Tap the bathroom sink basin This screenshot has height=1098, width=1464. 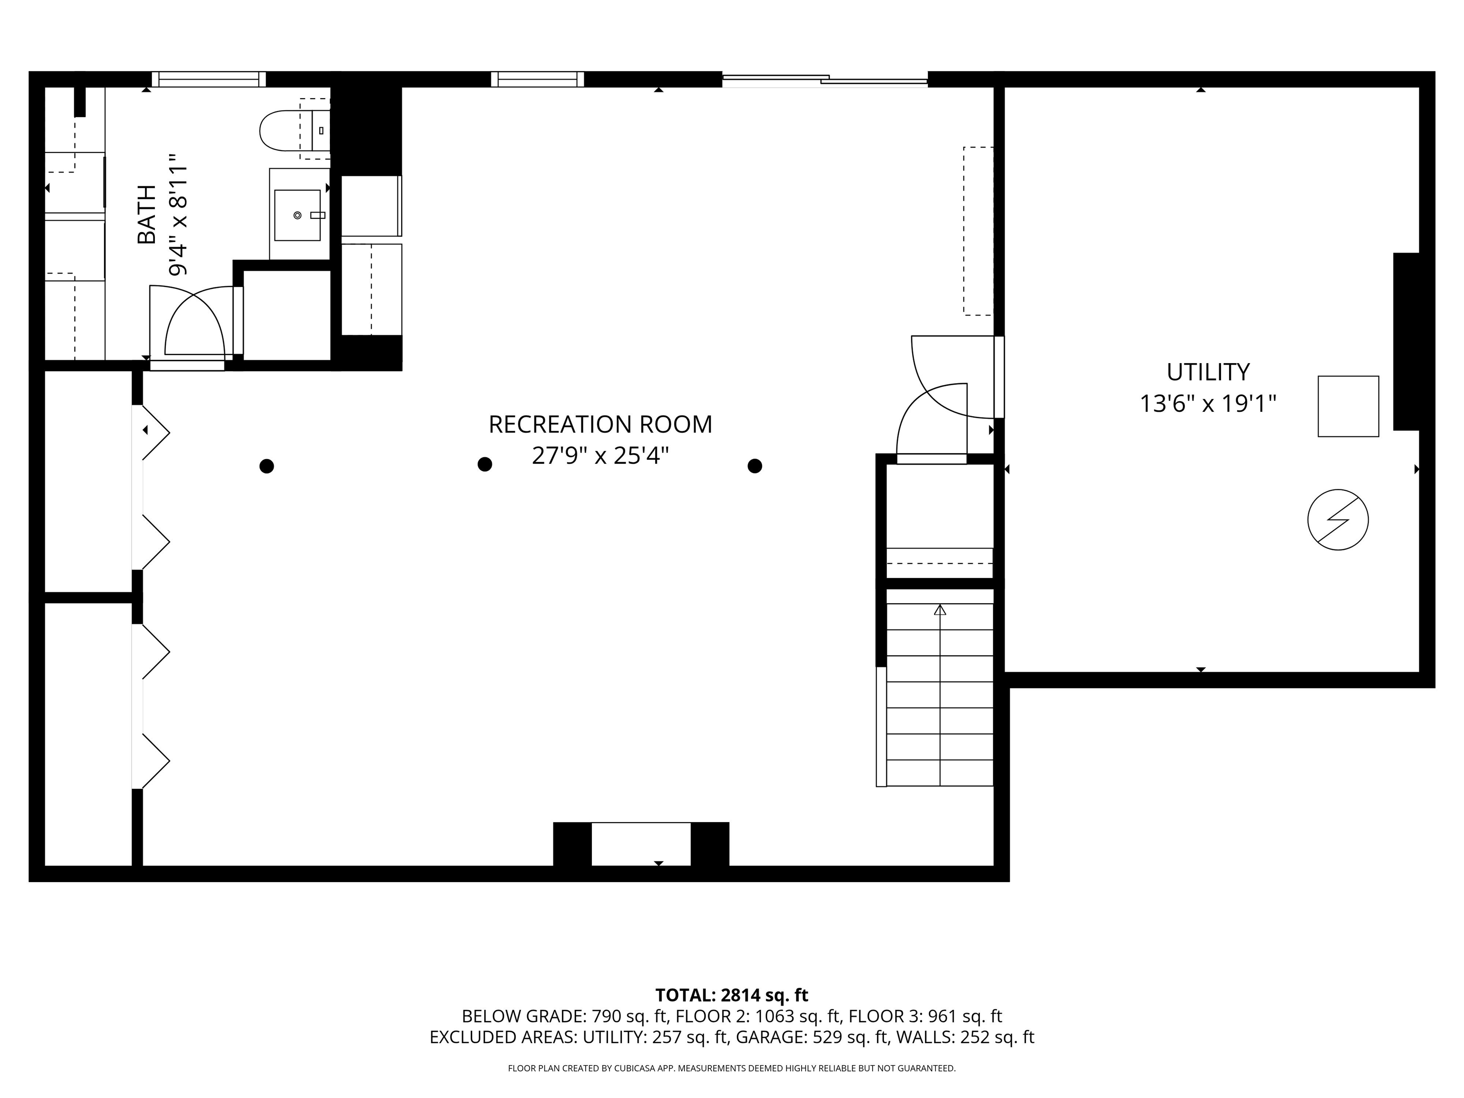click(x=297, y=215)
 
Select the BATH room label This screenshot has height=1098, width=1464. click(x=146, y=214)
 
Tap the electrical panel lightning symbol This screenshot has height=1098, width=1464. click(x=1338, y=519)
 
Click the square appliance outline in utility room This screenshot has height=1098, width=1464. click(x=1348, y=407)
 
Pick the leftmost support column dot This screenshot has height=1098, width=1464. click(x=267, y=466)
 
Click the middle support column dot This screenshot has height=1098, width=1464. click(x=485, y=465)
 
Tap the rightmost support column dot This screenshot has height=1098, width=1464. click(x=754, y=466)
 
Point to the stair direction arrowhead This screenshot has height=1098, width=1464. click(x=940, y=610)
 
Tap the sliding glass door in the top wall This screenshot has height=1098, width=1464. click(x=824, y=80)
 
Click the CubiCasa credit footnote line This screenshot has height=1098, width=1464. click(x=732, y=1068)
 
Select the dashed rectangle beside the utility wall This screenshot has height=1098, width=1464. click(x=977, y=231)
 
